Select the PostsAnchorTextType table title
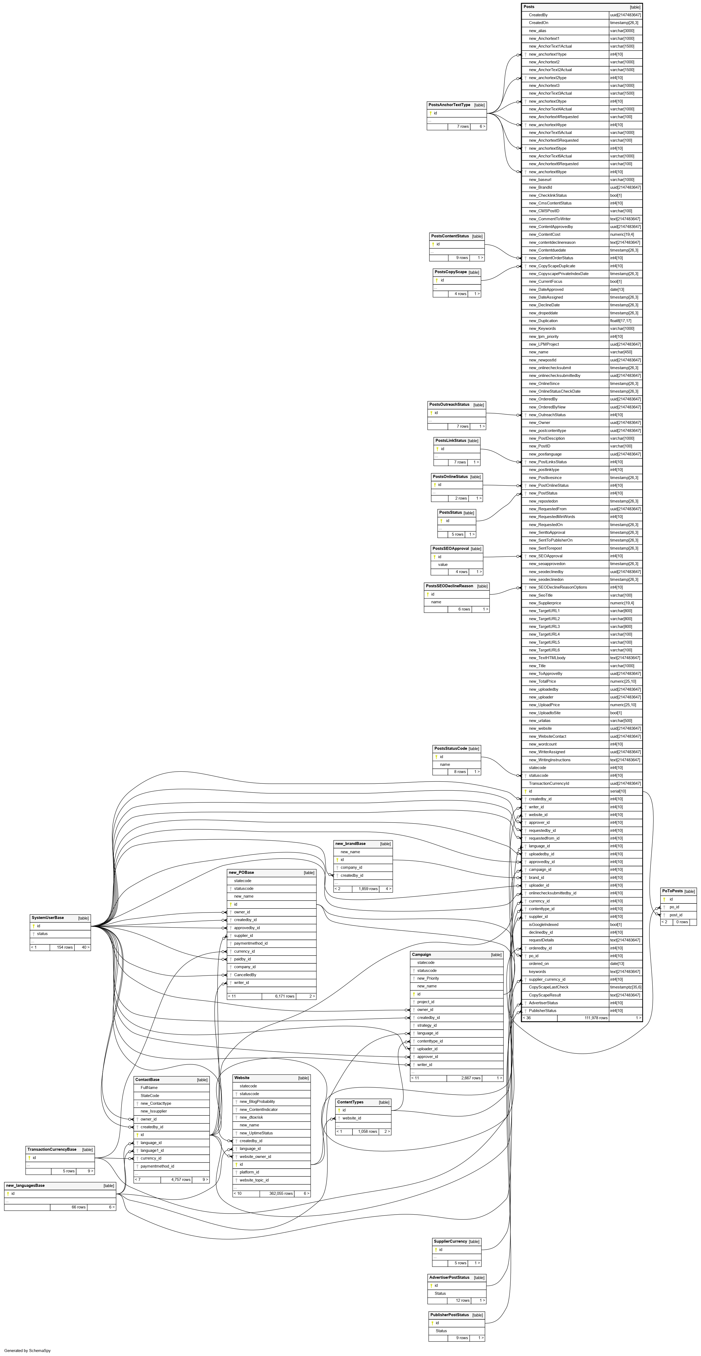[449, 105]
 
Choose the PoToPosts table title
[672, 891]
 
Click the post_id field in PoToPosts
[676, 915]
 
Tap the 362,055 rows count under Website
[281, 1193]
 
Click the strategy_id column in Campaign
[427, 1025]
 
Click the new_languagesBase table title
[25, 1185]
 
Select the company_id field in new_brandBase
[351, 867]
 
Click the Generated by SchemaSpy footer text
[27, 1351]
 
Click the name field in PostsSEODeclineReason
[436, 602]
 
